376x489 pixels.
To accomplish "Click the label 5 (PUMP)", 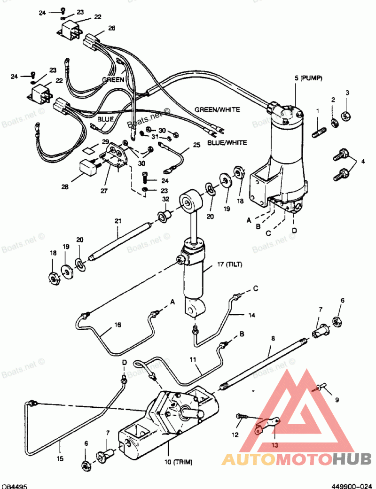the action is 308,78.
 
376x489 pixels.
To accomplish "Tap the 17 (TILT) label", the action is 230,264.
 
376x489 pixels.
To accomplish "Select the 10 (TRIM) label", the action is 178,462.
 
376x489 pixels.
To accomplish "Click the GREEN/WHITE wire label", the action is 217,109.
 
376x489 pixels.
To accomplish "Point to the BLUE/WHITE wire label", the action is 227,142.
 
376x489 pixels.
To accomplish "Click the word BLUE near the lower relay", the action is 105,119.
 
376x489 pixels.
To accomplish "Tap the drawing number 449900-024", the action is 352,486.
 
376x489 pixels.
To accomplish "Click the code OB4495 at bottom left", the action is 14,486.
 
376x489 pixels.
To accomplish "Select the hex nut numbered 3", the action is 346,116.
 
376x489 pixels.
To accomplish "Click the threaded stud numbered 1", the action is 319,132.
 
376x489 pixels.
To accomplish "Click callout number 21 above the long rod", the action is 117,221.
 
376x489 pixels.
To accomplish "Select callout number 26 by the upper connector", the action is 111,28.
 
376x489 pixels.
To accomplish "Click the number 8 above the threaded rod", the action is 273,338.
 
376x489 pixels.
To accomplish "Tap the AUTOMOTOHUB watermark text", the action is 297,459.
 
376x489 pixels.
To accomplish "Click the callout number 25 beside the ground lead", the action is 196,145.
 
